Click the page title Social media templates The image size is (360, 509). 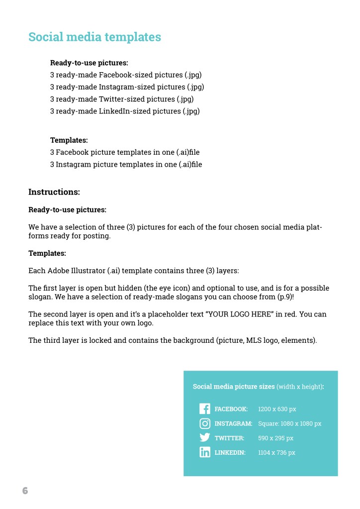pyautogui.click(x=94, y=37)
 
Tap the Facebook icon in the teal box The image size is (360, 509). pyautogui.click(x=204, y=409)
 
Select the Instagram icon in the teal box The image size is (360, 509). pyautogui.click(x=204, y=423)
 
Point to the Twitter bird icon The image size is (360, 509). pyautogui.click(x=204, y=438)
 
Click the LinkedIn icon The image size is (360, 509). pyautogui.click(x=204, y=452)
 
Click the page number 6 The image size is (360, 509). pyautogui.click(x=25, y=491)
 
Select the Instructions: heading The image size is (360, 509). pyautogui.click(x=54, y=192)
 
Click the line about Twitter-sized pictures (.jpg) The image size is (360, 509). pyautogui.click(x=122, y=99)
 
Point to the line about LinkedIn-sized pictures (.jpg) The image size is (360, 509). pyautogui.click(x=125, y=111)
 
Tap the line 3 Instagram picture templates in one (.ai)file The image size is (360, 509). pyautogui.click(x=126, y=164)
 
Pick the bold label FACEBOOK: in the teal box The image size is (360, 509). pyautogui.click(x=231, y=409)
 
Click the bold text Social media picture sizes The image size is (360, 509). pyautogui.click(x=233, y=387)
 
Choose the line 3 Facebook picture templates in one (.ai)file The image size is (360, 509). pyautogui.click(x=125, y=152)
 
